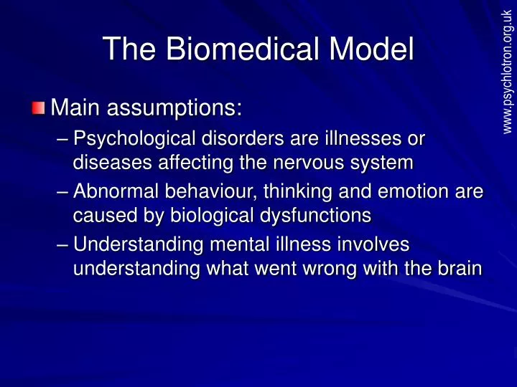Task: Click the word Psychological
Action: pyautogui.click(x=136, y=137)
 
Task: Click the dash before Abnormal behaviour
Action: pyautogui.click(x=62, y=192)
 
